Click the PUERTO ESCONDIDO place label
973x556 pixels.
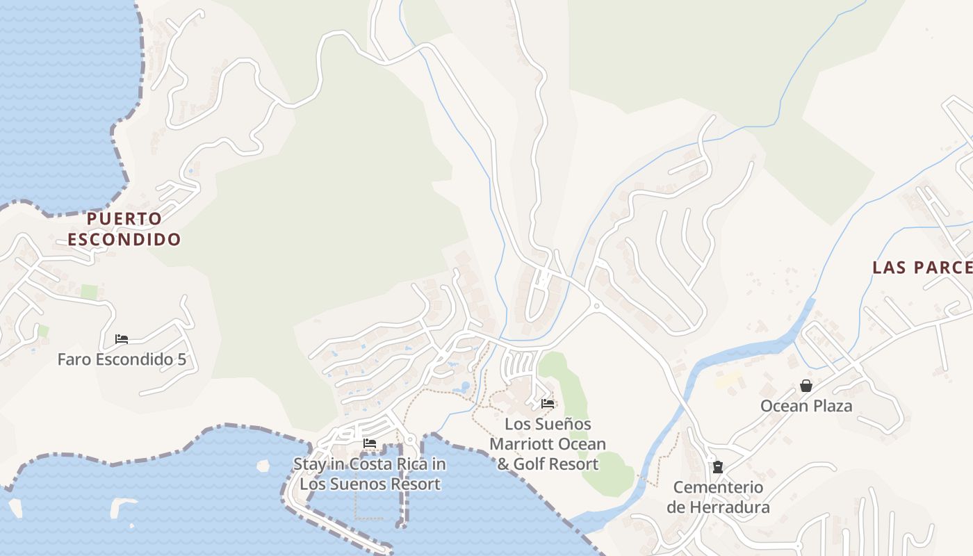point(124,229)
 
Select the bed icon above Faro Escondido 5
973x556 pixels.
point(122,339)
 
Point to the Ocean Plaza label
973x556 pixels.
point(806,406)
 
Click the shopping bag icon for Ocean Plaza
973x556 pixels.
point(806,385)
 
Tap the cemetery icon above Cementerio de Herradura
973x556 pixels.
point(717,467)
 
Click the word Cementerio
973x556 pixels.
point(718,487)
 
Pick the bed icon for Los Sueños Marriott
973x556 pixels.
point(548,403)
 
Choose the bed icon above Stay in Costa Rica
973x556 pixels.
point(370,443)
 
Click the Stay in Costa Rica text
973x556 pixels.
point(370,464)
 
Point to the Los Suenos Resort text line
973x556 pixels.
point(370,484)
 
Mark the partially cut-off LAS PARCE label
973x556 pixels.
point(922,268)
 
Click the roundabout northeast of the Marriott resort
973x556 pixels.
point(595,306)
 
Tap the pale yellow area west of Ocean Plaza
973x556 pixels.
point(728,379)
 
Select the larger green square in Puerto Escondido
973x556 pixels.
point(89,292)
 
